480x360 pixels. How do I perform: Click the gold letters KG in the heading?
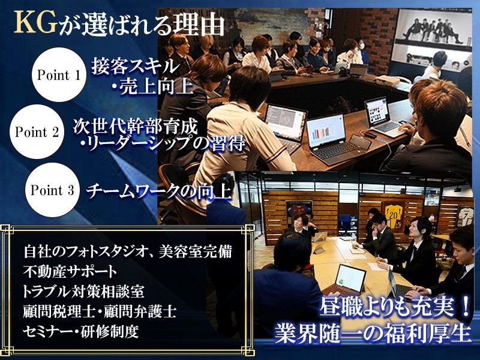pos(36,23)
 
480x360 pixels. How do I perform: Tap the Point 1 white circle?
pos(58,74)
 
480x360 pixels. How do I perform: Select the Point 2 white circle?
pos(37,131)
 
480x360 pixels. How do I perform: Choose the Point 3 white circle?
pos(52,190)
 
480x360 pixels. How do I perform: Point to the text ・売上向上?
pos(152,86)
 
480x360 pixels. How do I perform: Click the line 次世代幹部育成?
pos(135,125)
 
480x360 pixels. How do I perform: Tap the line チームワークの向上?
pos(158,191)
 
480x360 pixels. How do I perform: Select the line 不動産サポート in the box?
pos(70,272)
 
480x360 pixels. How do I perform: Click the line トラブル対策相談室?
pos(83,292)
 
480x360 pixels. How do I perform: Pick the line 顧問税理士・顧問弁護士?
pos(100,312)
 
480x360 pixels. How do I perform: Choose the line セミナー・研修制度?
pos(81,332)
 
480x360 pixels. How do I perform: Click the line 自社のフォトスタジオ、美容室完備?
pos(128,251)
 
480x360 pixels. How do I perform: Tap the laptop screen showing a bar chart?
pos(326,131)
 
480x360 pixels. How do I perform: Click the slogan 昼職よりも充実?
pos(395,308)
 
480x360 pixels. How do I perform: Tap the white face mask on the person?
pos(362,46)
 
